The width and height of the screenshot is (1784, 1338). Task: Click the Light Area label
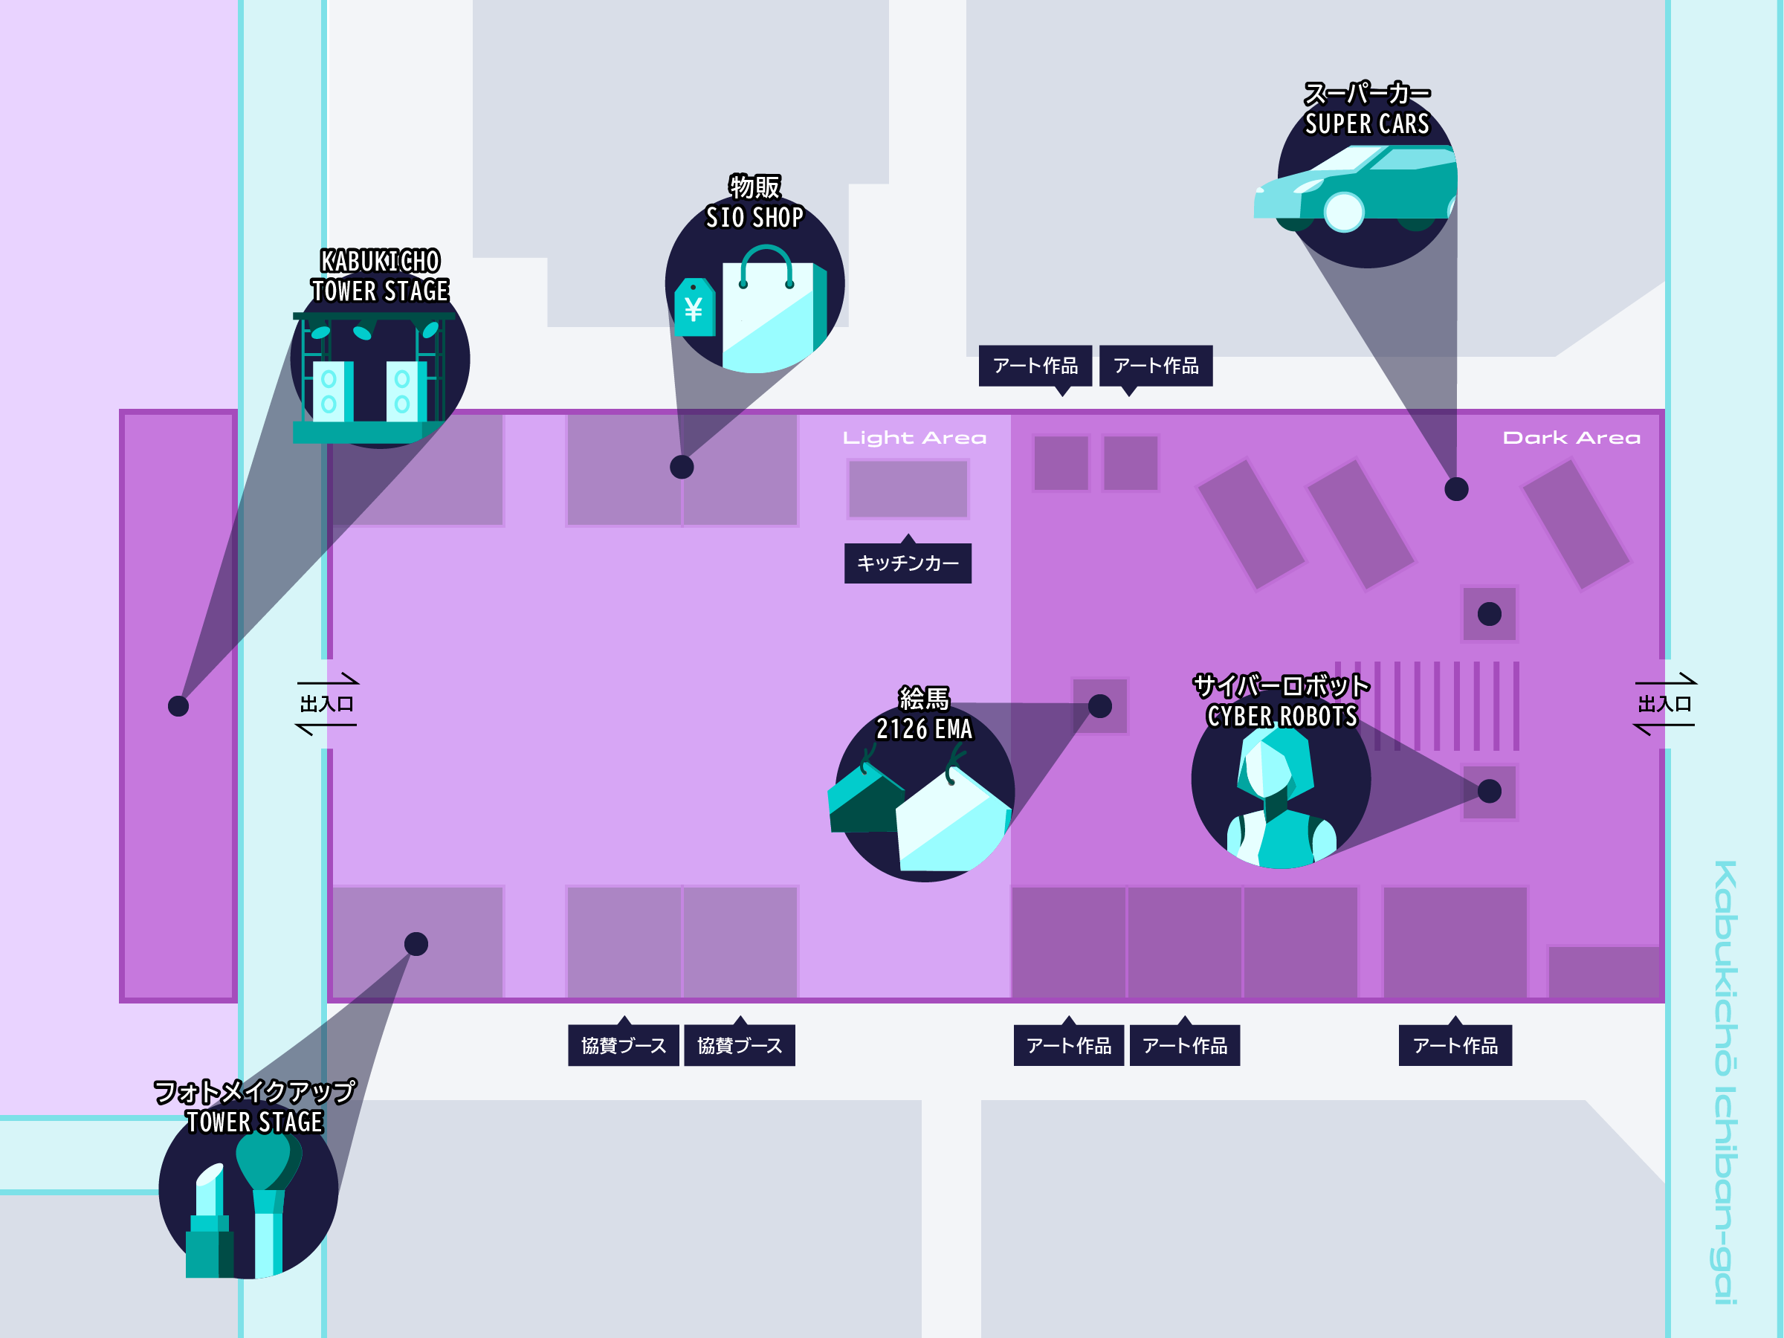click(x=914, y=438)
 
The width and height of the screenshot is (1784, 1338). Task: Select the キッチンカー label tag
click(x=908, y=562)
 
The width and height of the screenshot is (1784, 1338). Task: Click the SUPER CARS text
click(x=1367, y=124)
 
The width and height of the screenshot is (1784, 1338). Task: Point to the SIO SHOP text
click(x=754, y=218)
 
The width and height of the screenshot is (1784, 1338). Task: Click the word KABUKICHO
click(x=380, y=262)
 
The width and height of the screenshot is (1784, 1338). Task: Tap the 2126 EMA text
click(x=924, y=729)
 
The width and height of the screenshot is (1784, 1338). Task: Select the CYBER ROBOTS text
click(x=1282, y=716)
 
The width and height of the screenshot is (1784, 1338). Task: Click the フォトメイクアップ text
click(x=254, y=1091)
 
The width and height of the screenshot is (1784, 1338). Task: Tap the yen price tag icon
click(x=694, y=307)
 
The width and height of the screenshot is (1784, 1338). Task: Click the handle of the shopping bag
click(x=766, y=262)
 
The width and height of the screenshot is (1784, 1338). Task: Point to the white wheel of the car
click(x=1344, y=212)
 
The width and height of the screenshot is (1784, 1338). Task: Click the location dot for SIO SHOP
click(x=682, y=467)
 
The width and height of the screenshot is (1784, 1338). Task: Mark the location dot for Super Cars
click(x=1455, y=489)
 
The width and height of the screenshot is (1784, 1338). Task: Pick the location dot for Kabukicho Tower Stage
click(x=178, y=705)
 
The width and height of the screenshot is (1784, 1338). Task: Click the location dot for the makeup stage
click(x=416, y=943)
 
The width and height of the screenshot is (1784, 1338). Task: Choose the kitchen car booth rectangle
click(x=908, y=489)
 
